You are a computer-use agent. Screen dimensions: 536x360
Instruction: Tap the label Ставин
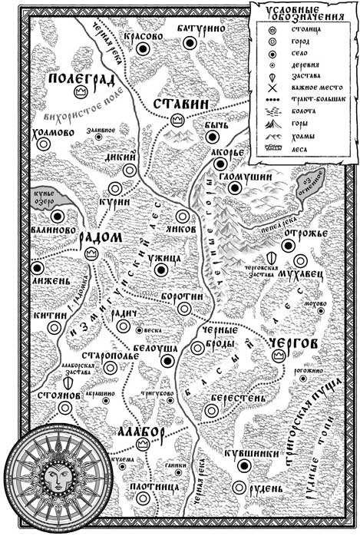pos(177,104)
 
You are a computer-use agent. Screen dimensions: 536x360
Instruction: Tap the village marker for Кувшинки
pos(244,465)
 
